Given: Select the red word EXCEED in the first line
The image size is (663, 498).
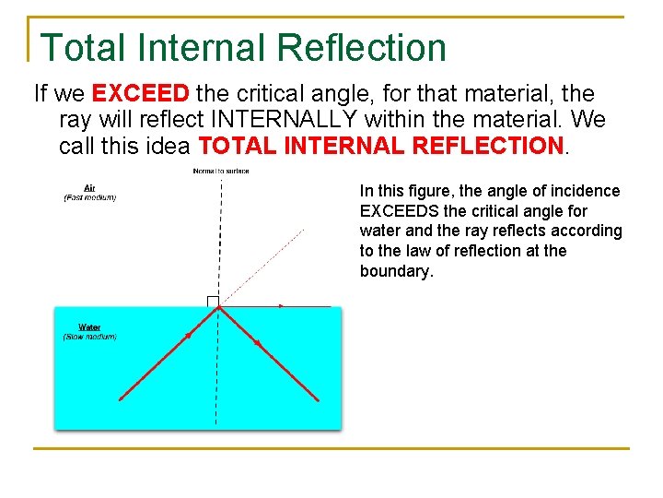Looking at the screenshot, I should [142, 94].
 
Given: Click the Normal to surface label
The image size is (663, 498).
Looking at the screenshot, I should [220, 171].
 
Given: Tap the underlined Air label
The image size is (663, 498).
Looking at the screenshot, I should [89, 188].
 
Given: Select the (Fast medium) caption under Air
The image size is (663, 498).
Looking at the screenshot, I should [89, 197].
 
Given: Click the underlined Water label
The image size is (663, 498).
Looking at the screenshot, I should [89, 327].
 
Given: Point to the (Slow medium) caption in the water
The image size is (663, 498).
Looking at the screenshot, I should [89, 337].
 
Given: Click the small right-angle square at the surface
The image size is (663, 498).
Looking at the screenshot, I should [213, 301].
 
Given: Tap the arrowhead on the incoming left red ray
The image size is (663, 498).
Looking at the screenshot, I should [188, 336].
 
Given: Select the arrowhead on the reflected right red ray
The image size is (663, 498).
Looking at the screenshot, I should [258, 343].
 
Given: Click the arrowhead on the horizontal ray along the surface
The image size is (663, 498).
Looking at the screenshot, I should [281, 305].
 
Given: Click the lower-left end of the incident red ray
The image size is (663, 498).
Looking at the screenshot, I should [120, 399].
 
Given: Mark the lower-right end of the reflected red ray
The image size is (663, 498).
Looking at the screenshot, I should [319, 399].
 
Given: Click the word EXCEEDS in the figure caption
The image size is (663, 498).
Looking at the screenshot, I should [397, 211].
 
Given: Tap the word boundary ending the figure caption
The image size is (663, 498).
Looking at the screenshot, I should [396, 272].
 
